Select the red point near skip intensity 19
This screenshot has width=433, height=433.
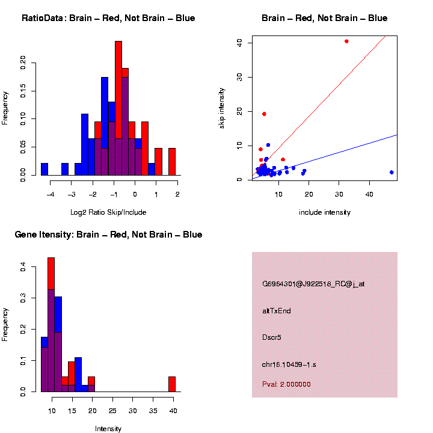click(x=264, y=114)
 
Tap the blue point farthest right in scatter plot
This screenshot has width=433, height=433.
click(x=392, y=172)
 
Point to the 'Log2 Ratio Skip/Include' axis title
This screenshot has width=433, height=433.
click(x=108, y=212)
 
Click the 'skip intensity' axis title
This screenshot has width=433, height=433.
click(x=222, y=108)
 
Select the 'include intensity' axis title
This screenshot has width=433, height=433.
click(x=325, y=212)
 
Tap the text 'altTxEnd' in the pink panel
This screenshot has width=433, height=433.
click(x=277, y=311)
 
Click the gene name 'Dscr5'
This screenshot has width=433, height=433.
click(x=272, y=337)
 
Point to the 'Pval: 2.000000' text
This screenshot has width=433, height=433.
click(x=286, y=384)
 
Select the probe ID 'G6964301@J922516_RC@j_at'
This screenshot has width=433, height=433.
click(x=313, y=284)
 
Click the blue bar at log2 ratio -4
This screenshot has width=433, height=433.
click(x=45, y=169)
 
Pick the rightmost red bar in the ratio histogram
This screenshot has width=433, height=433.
click(x=172, y=162)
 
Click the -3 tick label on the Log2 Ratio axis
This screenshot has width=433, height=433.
click(x=71, y=194)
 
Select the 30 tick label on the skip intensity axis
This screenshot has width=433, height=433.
click(x=240, y=77)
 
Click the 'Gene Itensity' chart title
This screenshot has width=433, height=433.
click(x=108, y=235)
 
